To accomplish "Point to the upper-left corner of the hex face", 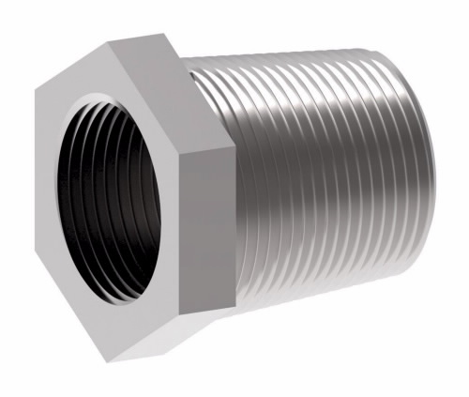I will point(36,92).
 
